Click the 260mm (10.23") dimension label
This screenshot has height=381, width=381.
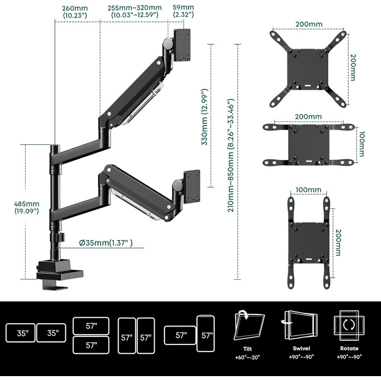pyautogui.click(x=76, y=12)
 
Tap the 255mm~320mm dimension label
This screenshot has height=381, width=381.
pyautogui.click(x=136, y=12)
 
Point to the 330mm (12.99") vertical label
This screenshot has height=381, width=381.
pyautogui.click(x=205, y=117)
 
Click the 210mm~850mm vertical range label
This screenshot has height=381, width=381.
pyautogui.click(x=231, y=155)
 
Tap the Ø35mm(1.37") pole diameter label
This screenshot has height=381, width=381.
pyautogui.click(x=106, y=243)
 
